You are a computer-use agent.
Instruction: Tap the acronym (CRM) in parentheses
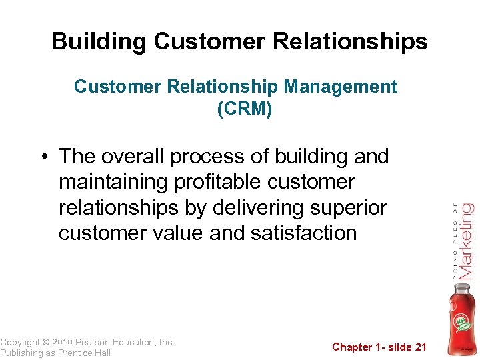coord(244,109)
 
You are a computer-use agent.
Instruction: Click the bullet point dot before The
coord(43,157)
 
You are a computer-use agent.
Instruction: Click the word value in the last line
coord(180,233)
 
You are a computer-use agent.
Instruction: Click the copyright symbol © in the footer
coord(47,343)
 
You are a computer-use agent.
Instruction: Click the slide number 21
coord(419,347)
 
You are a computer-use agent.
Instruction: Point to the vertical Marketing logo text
coord(466,241)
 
